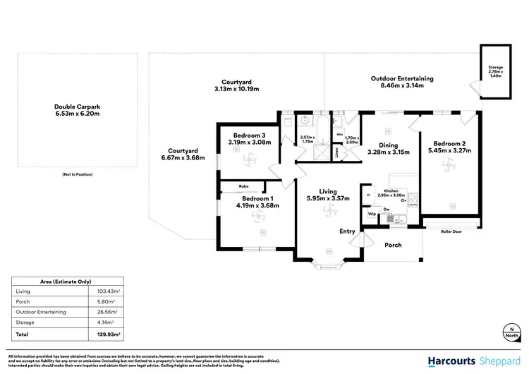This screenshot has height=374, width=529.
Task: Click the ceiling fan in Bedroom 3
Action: click(x=249, y=161)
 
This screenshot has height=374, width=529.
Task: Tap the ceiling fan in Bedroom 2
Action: click(x=446, y=167)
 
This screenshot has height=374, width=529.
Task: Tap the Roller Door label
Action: click(x=451, y=231)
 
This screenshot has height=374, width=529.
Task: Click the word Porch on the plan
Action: click(x=392, y=246)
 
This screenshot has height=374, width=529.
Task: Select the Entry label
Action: click(x=348, y=231)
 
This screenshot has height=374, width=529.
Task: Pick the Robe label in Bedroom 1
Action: click(x=243, y=186)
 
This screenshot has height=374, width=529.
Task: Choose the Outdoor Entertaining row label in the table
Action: click(x=41, y=311)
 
